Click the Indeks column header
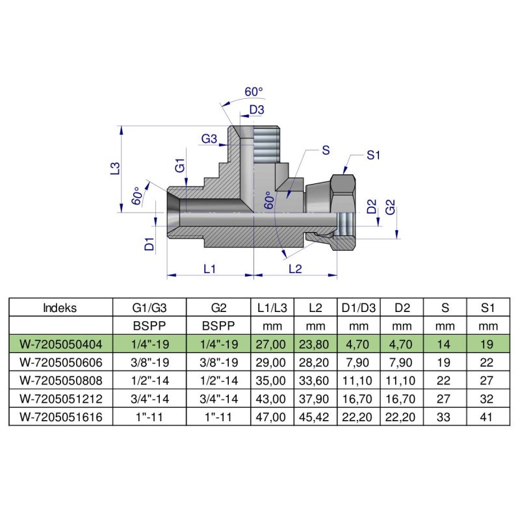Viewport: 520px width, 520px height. [x=60, y=308]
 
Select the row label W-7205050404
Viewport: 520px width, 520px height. [x=60, y=342]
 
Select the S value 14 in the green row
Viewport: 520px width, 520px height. [x=445, y=342]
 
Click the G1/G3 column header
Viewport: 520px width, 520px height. [x=149, y=308]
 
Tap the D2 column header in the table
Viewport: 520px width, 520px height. [x=402, y=308]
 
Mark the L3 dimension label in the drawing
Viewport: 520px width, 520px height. [x=115, y=168]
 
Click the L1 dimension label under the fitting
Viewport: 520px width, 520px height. [x=209, y=268]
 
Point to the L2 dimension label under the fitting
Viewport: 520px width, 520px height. [x=294, y=268]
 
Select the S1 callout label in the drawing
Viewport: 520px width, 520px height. [x=373, y=155]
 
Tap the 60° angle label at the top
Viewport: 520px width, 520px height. [x=253, y=92]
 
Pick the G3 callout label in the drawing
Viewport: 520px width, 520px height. [x=208, y=138]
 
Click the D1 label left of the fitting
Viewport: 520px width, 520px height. [x=149, y=244]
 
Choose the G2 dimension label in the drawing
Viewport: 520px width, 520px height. [x=391, y=209]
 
